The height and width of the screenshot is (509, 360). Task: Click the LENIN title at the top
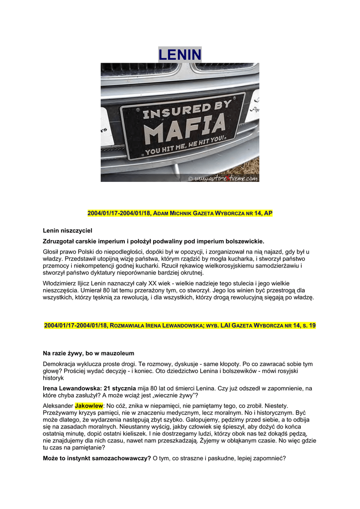[180, 54]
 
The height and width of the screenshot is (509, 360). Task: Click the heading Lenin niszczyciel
[68, 231]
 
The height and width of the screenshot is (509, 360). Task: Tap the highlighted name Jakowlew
[89, 406]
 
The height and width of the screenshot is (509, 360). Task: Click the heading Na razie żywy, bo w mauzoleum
[89, 353]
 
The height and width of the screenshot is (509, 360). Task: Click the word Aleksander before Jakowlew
[58, 406]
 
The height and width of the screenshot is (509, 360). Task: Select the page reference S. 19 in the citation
[309, 326]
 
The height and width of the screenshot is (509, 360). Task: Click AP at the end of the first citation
[268, 213]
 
